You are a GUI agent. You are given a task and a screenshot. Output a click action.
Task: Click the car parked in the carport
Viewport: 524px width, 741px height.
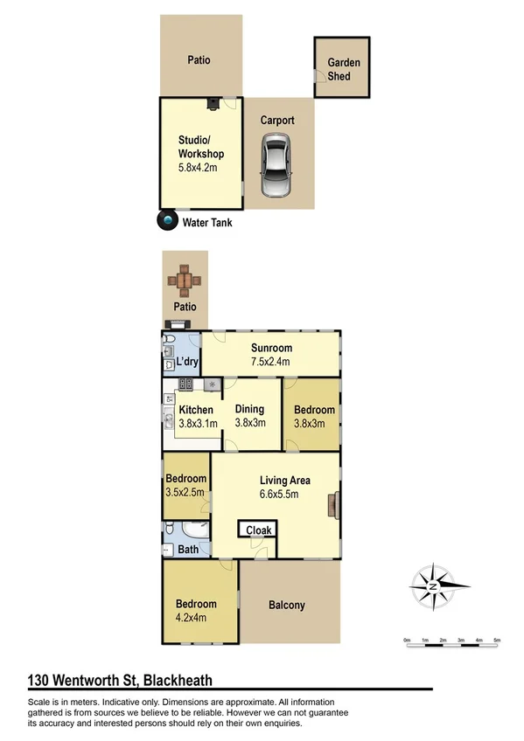tap(276, 170)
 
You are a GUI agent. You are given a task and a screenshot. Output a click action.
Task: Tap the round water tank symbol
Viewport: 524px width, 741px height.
tap(166, 222)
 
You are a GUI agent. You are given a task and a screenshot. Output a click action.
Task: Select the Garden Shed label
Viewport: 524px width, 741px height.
tap(343, 70)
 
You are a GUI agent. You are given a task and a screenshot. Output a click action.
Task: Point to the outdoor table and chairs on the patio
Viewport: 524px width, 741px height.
tap(185, 280)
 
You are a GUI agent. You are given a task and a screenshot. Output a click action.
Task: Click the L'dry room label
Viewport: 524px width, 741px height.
tap(186, 362)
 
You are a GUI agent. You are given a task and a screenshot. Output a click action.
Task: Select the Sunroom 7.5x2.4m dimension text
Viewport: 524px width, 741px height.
tap(270, 362)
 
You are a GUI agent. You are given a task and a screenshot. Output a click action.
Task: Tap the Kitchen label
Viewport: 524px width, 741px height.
tap(196, 410)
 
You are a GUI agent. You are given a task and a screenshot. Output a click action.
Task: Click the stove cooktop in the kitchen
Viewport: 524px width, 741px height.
tap(185, 384)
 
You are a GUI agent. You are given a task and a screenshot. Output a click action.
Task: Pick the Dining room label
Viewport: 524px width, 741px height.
tap(250, 410)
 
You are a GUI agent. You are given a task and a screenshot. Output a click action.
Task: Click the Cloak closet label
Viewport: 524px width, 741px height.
tap(258, 530)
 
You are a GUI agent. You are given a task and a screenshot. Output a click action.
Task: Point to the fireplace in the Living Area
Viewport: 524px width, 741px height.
tap(334, 506)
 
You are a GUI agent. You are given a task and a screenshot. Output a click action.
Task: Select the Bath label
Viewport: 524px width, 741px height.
tap(188, 550)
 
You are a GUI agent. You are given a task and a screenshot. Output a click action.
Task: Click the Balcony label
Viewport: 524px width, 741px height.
tap(286, 605)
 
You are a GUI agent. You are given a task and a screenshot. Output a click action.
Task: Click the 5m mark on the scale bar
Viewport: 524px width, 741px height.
tap(497, 641)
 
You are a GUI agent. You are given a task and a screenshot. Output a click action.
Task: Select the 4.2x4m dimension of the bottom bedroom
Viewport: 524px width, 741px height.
tap(196, 617)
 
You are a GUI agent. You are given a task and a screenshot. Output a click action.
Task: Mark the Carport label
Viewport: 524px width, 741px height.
tap(277, 121)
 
